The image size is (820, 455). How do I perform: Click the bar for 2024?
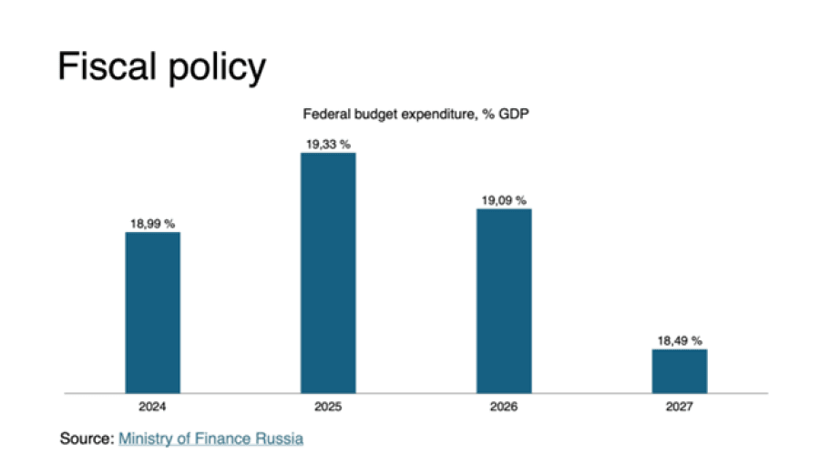[152, 312]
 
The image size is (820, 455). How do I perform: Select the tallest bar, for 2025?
[328, 273]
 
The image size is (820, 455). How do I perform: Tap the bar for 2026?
[504, 300]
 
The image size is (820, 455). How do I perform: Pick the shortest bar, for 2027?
[680, 370]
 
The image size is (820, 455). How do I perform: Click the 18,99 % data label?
[152, 223]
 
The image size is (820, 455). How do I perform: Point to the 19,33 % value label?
[328, 144]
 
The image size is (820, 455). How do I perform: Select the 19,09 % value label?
[504, 200]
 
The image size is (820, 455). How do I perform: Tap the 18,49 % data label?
[680, 340]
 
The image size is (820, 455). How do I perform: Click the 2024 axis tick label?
[152, 406]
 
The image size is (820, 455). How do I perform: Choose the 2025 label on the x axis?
[328, 406]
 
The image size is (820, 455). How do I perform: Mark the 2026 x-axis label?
[504, 406]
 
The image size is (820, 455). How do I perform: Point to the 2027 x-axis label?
[680, 406]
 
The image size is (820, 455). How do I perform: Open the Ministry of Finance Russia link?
[210, 439]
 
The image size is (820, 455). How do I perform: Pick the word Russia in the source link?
[280, 439]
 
